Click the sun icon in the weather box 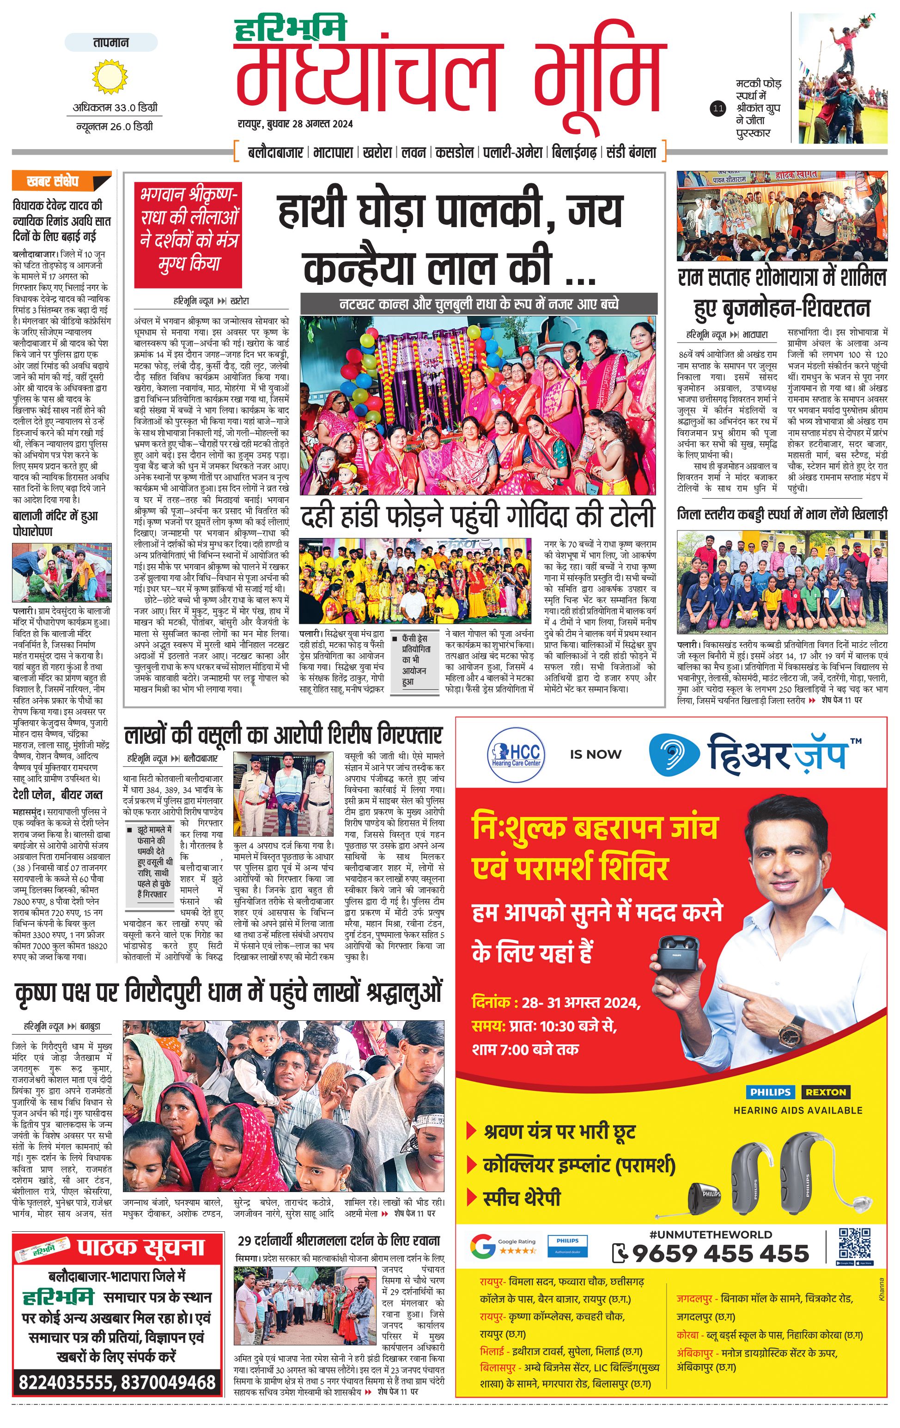(110, 77)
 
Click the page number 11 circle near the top (718, 108)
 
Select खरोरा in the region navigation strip (377, 152)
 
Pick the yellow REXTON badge (825, 1092)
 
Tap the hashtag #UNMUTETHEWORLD (710, 1234)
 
